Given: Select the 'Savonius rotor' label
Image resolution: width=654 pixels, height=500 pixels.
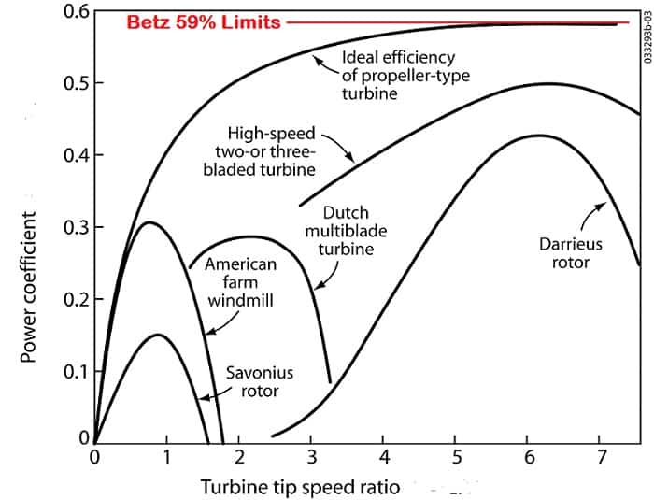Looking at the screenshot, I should (x=252, y=381).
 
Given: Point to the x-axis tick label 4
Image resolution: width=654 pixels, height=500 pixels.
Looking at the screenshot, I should (x=384, y=457).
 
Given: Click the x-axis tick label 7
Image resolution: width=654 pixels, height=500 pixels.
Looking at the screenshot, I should (x=603, y=457).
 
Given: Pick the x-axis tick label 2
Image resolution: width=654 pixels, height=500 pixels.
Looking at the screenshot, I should (x=239, y=457).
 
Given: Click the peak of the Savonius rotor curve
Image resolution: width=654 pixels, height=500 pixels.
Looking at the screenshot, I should (x=158, y=335).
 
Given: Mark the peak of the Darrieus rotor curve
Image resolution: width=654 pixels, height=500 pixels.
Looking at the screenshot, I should (x=539, y=136).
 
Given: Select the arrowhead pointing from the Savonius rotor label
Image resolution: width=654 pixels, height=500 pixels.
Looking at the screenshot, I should (x=200, y=396).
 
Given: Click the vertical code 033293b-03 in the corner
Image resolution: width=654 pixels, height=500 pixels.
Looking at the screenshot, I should (x=647, y=37).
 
